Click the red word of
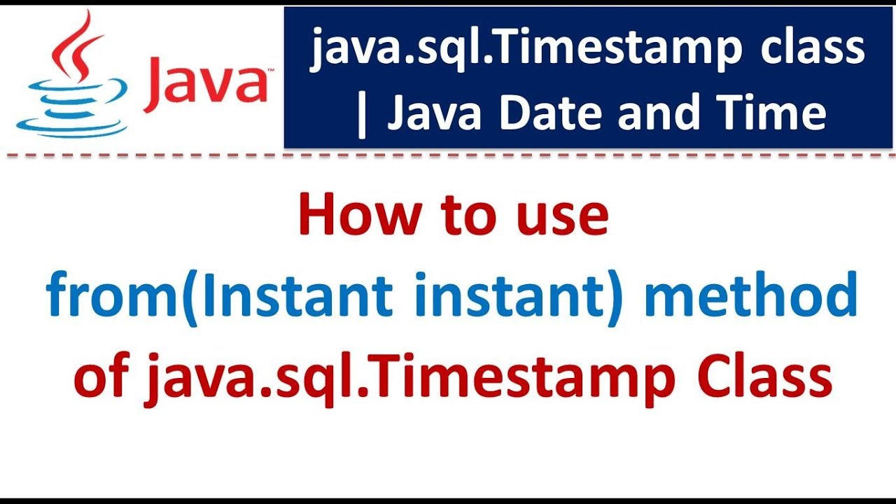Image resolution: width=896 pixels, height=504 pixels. (101, 378)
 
